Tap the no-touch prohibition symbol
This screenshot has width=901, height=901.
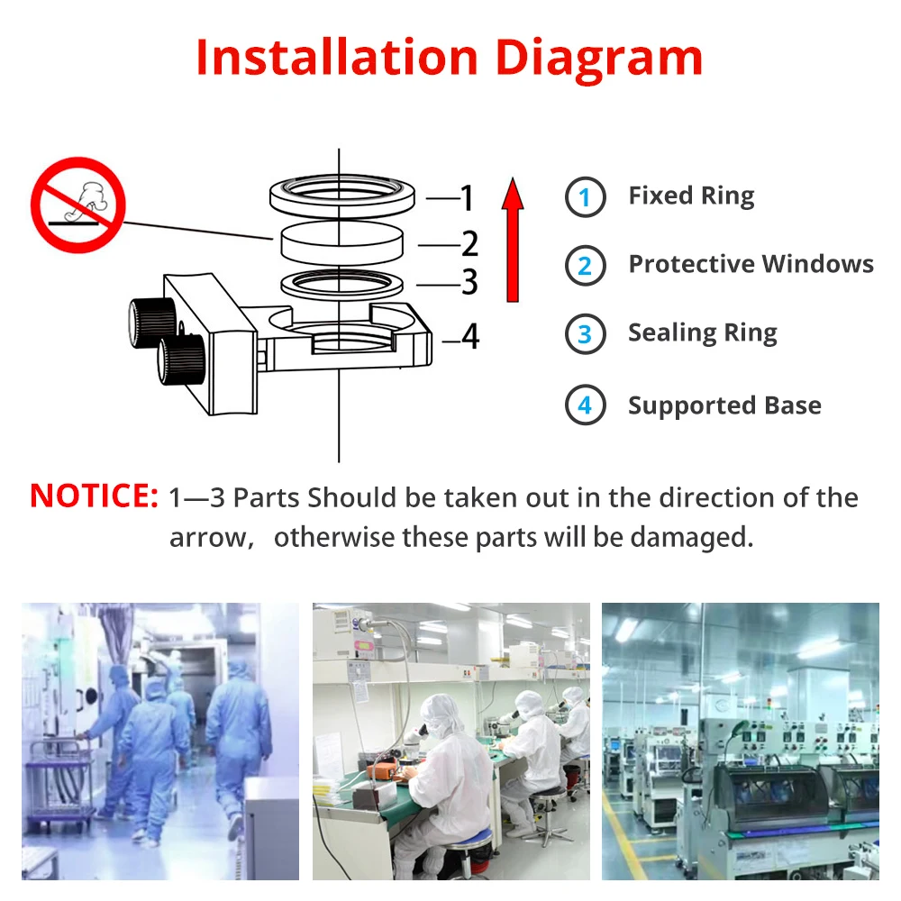(77, 205)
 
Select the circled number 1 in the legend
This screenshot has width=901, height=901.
(585, 197)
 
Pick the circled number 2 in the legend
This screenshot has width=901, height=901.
(585, 266)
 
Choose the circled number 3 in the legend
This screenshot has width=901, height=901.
(585, 334)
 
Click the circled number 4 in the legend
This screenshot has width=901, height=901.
(585, 405)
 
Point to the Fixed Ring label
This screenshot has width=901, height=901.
(691, 196)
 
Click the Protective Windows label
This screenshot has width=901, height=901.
(751, 264)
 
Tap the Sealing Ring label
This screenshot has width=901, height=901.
(702, 333)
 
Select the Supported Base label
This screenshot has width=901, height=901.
(724, 405)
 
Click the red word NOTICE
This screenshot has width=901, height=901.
(94, 496)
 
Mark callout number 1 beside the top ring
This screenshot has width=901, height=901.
(466, 196)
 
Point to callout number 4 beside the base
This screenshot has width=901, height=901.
(469, 337)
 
